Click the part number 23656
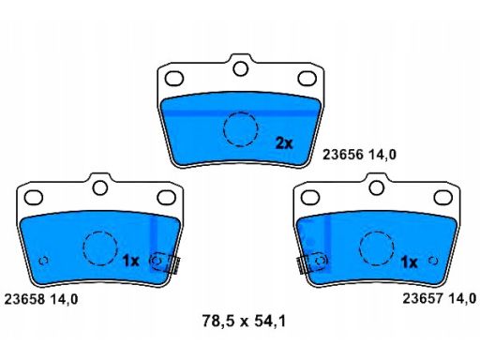(343, 155)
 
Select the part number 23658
(24, 299)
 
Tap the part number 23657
(423, 298)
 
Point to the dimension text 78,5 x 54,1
(244, 321)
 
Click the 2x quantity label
(284, 143)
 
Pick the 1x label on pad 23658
(130, 261)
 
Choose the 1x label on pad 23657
(409, 262)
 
